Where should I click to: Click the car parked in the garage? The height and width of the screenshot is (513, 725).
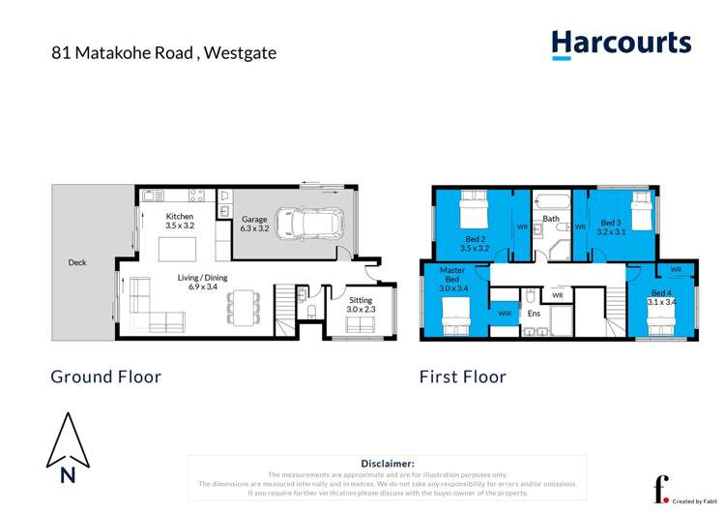[x=306, y=225]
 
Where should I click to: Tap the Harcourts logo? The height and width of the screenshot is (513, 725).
[x=621, y=45]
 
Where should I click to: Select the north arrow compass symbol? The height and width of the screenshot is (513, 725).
[x=68, y=447]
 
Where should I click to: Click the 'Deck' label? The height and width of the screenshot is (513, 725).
[x=77, y=262]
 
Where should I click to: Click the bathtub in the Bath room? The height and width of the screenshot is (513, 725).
[x=551, y=202]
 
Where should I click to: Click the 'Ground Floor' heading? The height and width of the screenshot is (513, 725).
[x=105, y=377]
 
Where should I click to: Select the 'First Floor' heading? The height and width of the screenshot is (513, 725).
[x=462, y=377]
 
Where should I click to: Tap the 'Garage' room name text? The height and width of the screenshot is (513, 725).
[x=254, y=220]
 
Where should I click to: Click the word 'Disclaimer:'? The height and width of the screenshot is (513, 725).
[x=387, y=464]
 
